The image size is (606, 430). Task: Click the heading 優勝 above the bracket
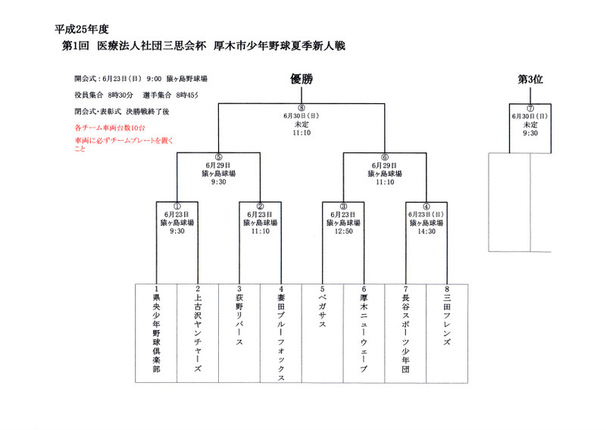tap(301, 79)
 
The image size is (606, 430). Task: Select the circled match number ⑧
tap(301, 108)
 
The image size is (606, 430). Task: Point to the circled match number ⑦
tap(530, 108)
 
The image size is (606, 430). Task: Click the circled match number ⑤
tap(218, 156)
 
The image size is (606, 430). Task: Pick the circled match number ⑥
tap(385, 156)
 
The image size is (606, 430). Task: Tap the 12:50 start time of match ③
tap(343, 231)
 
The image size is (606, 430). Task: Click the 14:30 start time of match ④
tap(426, 231)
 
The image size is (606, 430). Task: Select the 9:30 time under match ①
tap(177, 231)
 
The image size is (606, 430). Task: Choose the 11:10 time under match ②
tap(260, 231)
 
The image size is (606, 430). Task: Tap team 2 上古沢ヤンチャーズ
tap(198, 331)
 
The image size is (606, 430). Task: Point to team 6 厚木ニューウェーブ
tap(364, 331)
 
